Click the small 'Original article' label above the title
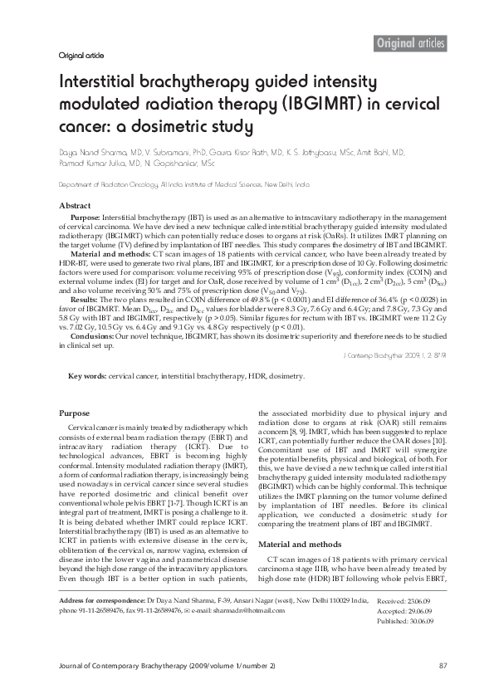[81, 56]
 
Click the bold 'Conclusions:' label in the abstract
[95, 335]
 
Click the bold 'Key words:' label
[87, 376]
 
